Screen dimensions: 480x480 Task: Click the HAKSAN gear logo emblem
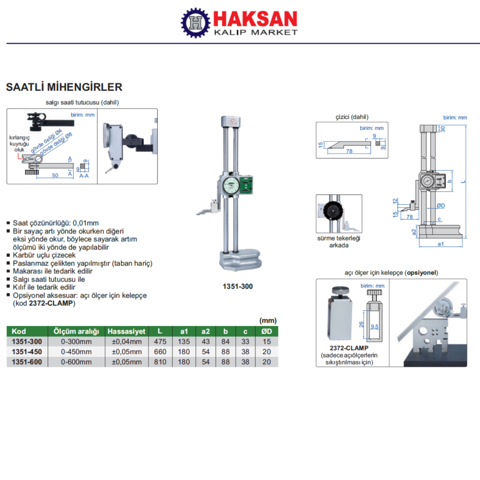(x=195, y=22)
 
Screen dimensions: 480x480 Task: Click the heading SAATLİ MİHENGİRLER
(x=64, y=87)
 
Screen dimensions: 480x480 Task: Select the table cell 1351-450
(x=27, y=352)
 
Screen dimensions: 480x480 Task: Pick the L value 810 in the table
(x=160, y=362)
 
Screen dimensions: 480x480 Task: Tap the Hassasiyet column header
(x=126, y=331)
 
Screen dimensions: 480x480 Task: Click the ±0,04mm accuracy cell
(x=126, y=342)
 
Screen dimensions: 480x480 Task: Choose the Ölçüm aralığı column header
(x=76, y=331)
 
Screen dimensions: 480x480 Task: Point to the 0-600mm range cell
(x=76, y=362)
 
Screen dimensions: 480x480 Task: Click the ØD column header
(x=266, y=331)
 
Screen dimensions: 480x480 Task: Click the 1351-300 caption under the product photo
(x=237, y=286)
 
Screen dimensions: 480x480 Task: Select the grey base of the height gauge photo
(x=240, y=260)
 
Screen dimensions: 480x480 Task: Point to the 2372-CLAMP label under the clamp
(x=349, y=347)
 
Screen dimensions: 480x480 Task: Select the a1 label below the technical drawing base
(x=441, y=244)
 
